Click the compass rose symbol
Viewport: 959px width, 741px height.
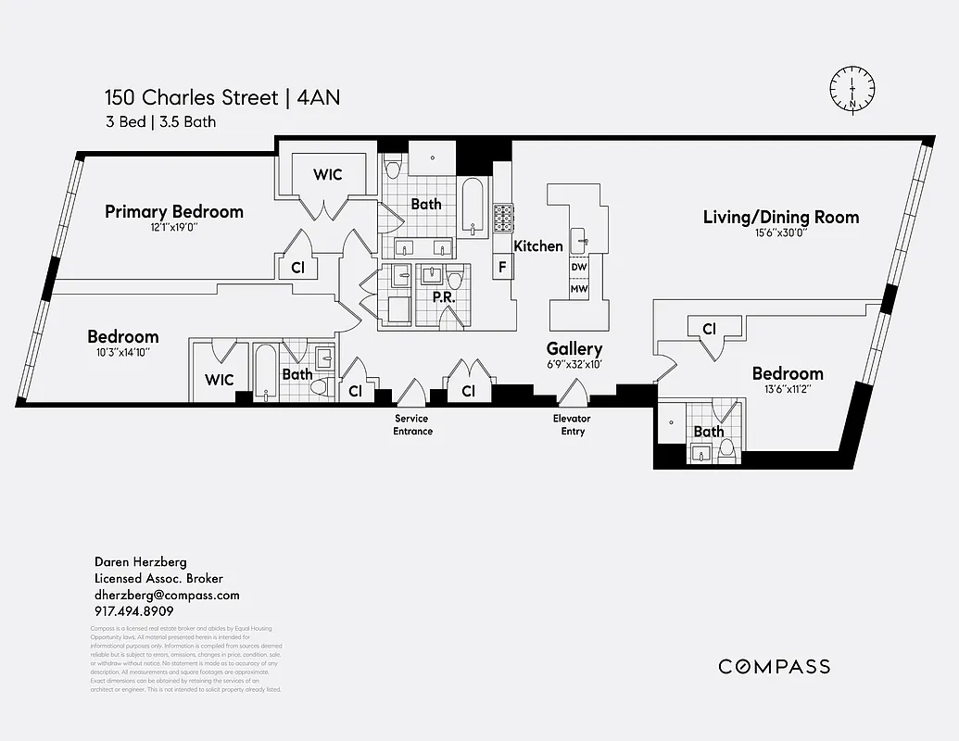point(852,90)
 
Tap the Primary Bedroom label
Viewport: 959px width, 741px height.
point(174,212)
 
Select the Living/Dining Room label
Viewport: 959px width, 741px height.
point(780,218)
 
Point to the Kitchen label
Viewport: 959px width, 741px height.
point(538,246)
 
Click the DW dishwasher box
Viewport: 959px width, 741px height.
point(579,267)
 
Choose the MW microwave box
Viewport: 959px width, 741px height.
point(579,289)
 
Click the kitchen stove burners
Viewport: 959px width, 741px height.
point(503,219)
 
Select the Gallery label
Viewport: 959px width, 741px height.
point(574,348)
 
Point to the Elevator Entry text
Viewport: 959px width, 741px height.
point(573,425)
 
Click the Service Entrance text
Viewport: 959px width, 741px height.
point(412,425)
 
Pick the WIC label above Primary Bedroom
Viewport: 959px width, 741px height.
point(328,174)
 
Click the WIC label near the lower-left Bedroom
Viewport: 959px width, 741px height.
point(220,380)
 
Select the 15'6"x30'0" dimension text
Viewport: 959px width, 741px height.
point(781,234)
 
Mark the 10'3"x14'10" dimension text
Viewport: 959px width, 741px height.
point(123,352)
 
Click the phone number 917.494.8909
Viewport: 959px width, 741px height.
point(133,611)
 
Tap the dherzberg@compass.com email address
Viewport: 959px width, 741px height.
point(167,595)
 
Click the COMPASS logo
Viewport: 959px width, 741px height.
point(775,667)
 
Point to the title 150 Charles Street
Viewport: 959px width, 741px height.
point(191,98)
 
